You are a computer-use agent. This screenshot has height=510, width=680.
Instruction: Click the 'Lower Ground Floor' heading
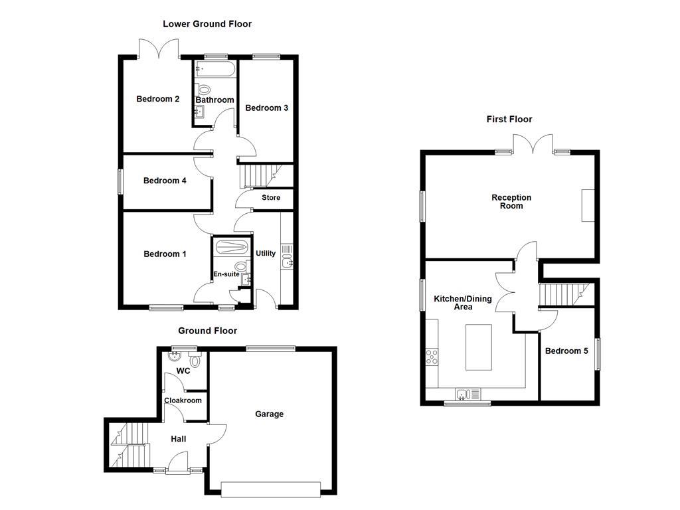207,24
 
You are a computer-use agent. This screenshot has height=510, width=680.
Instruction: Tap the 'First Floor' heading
509,120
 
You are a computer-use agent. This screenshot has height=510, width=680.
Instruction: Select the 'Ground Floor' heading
207,331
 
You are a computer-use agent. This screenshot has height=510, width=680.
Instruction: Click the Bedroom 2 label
158,100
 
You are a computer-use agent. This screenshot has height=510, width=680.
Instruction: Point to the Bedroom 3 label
266,108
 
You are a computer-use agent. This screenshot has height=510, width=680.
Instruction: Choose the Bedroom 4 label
165,181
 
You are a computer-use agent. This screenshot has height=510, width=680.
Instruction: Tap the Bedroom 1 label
165,254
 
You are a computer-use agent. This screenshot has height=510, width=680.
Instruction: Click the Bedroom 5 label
566,351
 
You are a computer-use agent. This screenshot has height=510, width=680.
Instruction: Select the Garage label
270,414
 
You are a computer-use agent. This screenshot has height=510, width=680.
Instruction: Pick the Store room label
271,198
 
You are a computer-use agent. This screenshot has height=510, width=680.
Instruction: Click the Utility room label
266,254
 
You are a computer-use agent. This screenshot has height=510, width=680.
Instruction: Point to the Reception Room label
511,201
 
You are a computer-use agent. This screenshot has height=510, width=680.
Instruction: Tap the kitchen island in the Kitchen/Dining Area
478,347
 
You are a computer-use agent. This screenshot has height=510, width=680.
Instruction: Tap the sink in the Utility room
287,264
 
